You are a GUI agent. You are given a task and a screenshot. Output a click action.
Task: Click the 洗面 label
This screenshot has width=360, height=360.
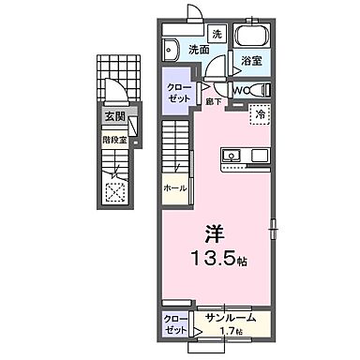[197, 50]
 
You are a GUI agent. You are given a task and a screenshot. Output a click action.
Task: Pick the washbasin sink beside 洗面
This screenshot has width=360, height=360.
[173, 51]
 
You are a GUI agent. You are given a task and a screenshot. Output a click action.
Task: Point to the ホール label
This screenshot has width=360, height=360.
[174, 187]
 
